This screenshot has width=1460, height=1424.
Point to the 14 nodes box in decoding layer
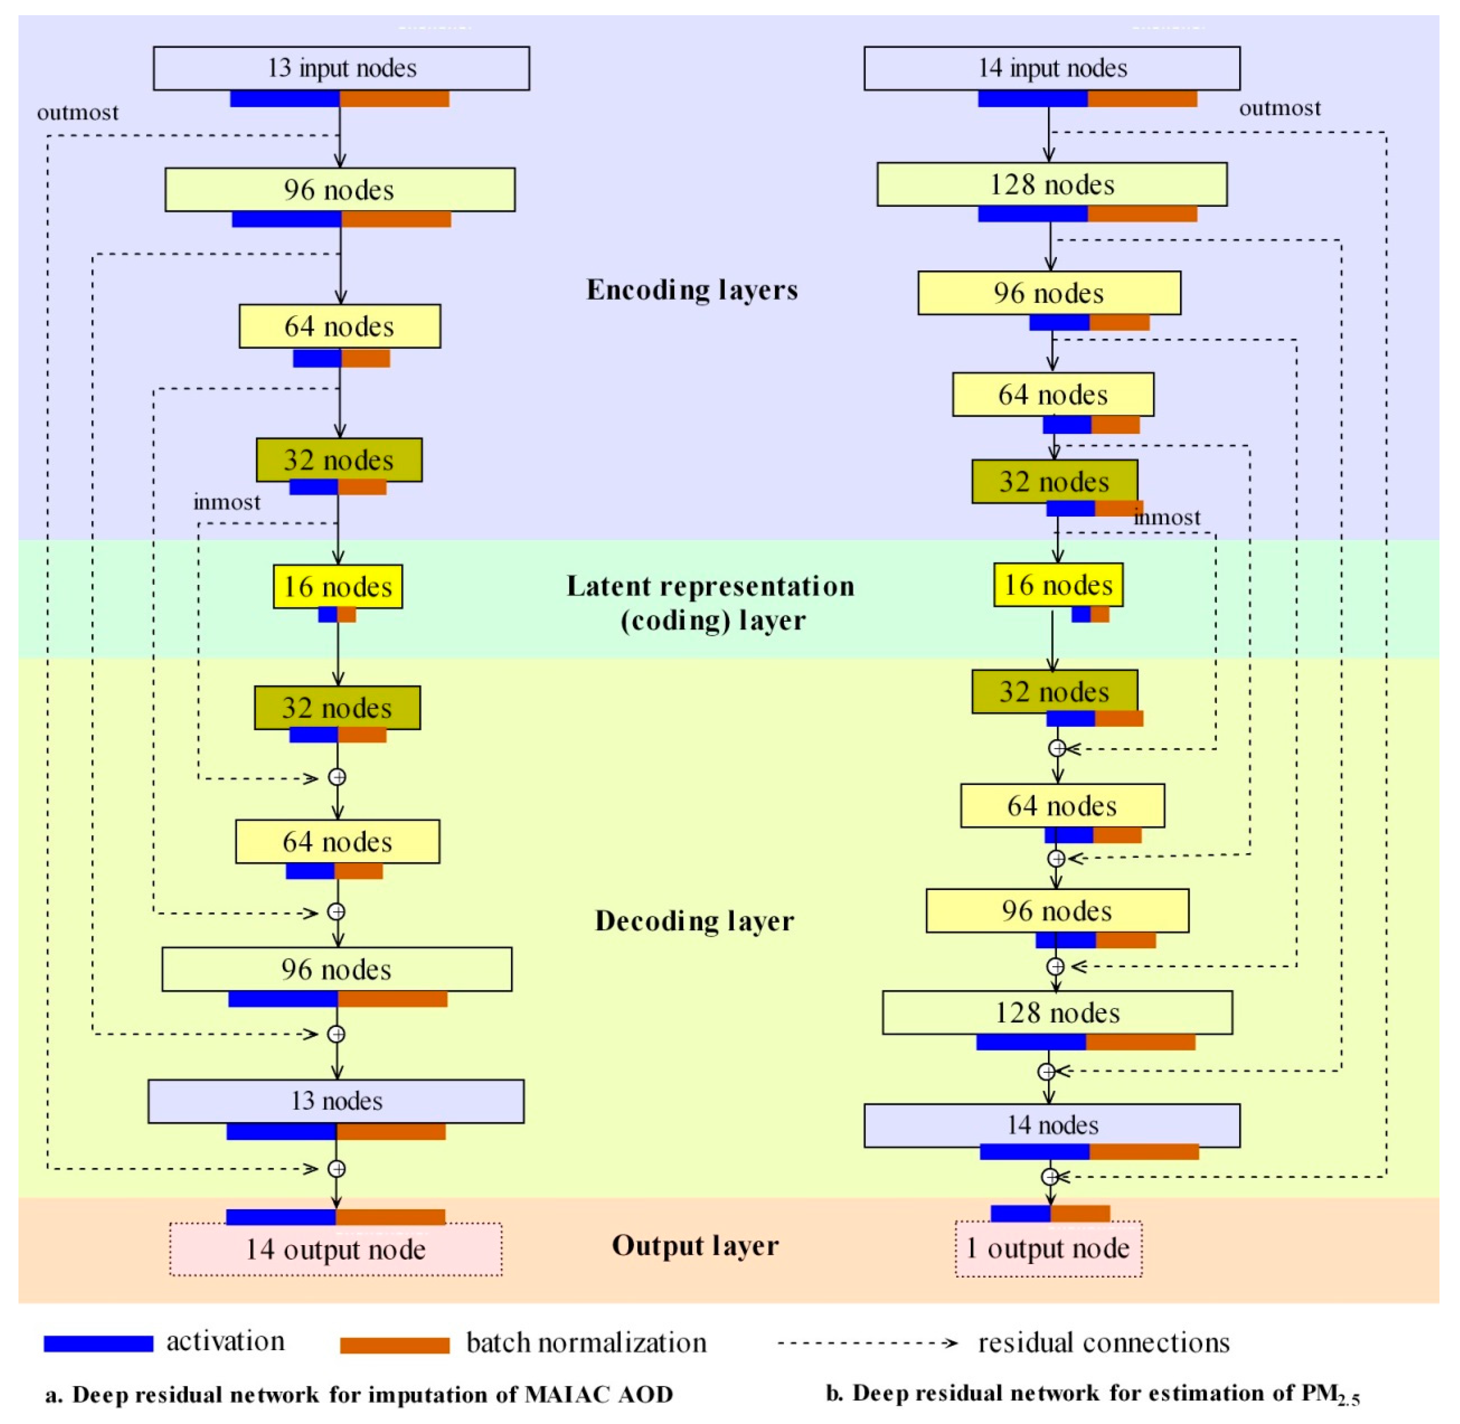[x=1052, y=1126]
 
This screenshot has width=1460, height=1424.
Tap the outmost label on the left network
[x=78, y=113]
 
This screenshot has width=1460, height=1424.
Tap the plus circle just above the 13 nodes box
[x=337, y=1034]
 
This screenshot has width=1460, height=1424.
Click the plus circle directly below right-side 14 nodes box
[x=1050, y=1177]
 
